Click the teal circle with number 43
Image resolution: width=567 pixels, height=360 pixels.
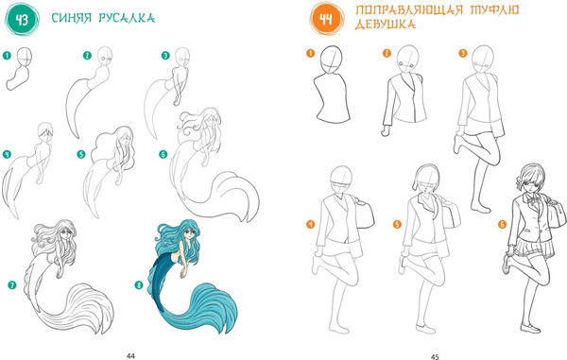pyautogui.click(x=22, y=20)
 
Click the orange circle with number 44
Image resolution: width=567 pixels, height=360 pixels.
pyautogui.click(x=327, y=19)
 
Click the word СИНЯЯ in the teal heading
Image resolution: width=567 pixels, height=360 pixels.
pyautogui.click(x=72, y=18)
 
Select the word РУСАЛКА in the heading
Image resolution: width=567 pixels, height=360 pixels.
pyautogui.click(x=127, y=18)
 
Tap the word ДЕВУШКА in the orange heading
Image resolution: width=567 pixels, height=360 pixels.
pyautogui.click(x=386, y=25)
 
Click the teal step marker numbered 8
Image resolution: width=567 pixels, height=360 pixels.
pyautogui.click(x=139, y=285)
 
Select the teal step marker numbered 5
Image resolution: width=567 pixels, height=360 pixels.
pyautogui.click(x=81, y=154)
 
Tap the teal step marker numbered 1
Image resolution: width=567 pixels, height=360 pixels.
pyautogui.click(x=7, y=56)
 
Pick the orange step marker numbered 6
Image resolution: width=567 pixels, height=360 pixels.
pyautogui.click(x=502, y=225)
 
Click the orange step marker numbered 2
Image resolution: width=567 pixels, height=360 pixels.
pyautogui.click(x=387, y=54)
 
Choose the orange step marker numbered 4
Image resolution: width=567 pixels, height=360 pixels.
pyautogui.click(x=310, y=224)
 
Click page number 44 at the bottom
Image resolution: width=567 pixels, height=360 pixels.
pyautogui.click(x=130, y=356)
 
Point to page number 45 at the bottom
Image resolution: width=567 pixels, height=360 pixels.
pyautogui.click(x=435, y=356)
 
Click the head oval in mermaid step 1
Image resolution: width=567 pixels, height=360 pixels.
pyautogui.click(x=25, y=57)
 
